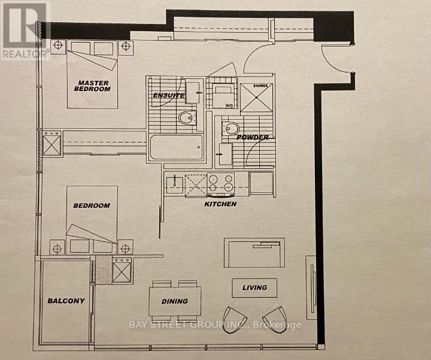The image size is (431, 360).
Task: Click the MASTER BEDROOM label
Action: tap(93, 85)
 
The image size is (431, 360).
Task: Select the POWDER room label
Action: tap(252, 137)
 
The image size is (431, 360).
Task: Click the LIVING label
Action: tap(254, 288)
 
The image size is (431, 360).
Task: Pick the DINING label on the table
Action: tap(174, 301)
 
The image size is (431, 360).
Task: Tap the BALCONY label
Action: tap(66, 301)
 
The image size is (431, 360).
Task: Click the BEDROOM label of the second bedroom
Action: tap(92, 205)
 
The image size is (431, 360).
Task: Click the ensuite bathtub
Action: tap(175, 147)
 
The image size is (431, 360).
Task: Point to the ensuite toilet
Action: tap(187, 117)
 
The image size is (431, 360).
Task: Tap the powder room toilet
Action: tap(231, 128)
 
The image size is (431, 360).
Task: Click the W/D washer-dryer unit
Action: tap(223, 96)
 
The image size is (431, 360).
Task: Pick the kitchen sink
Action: tap(175, 183)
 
